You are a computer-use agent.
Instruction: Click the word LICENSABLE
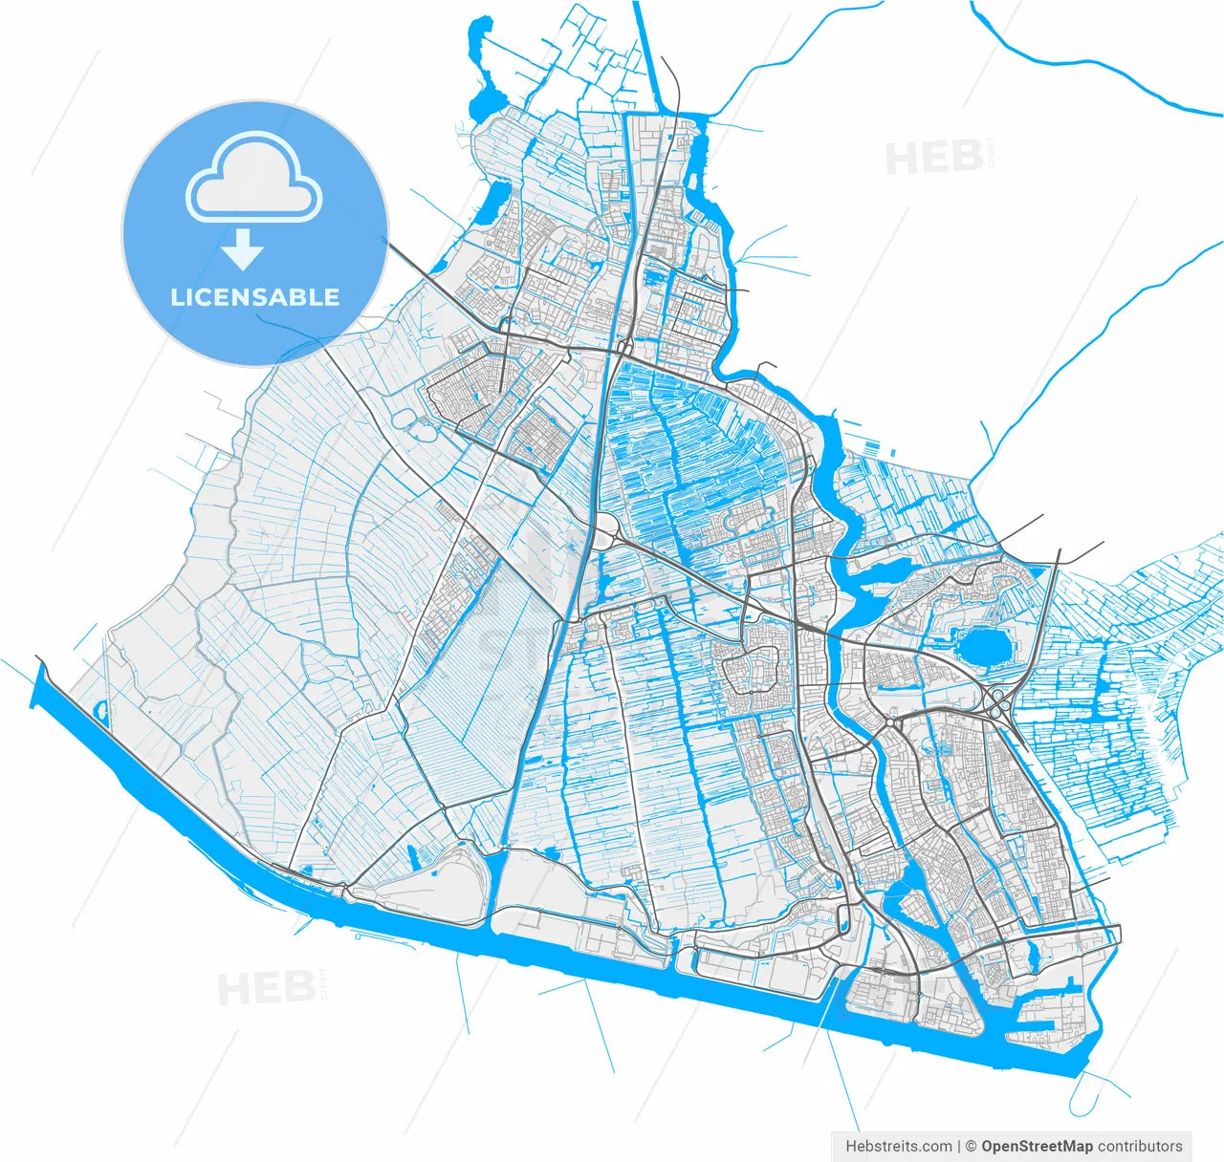254,297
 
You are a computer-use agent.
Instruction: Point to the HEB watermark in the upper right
934,158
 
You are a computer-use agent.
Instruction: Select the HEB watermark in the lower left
266,988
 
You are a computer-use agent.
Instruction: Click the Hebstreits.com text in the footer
899,1146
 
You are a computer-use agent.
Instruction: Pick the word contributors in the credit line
1140,1146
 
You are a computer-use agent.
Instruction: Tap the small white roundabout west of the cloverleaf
891,723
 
